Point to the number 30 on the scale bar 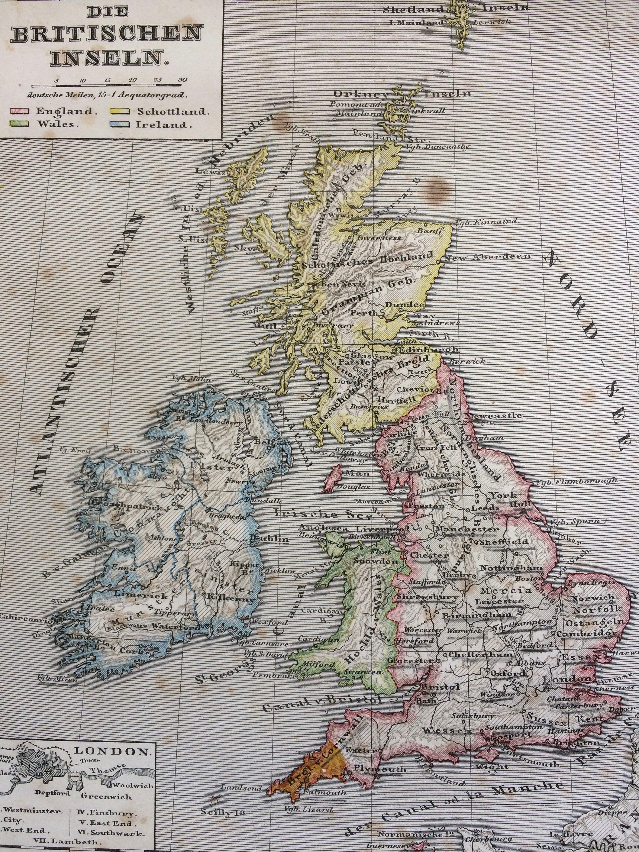182,80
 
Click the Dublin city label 269,539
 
